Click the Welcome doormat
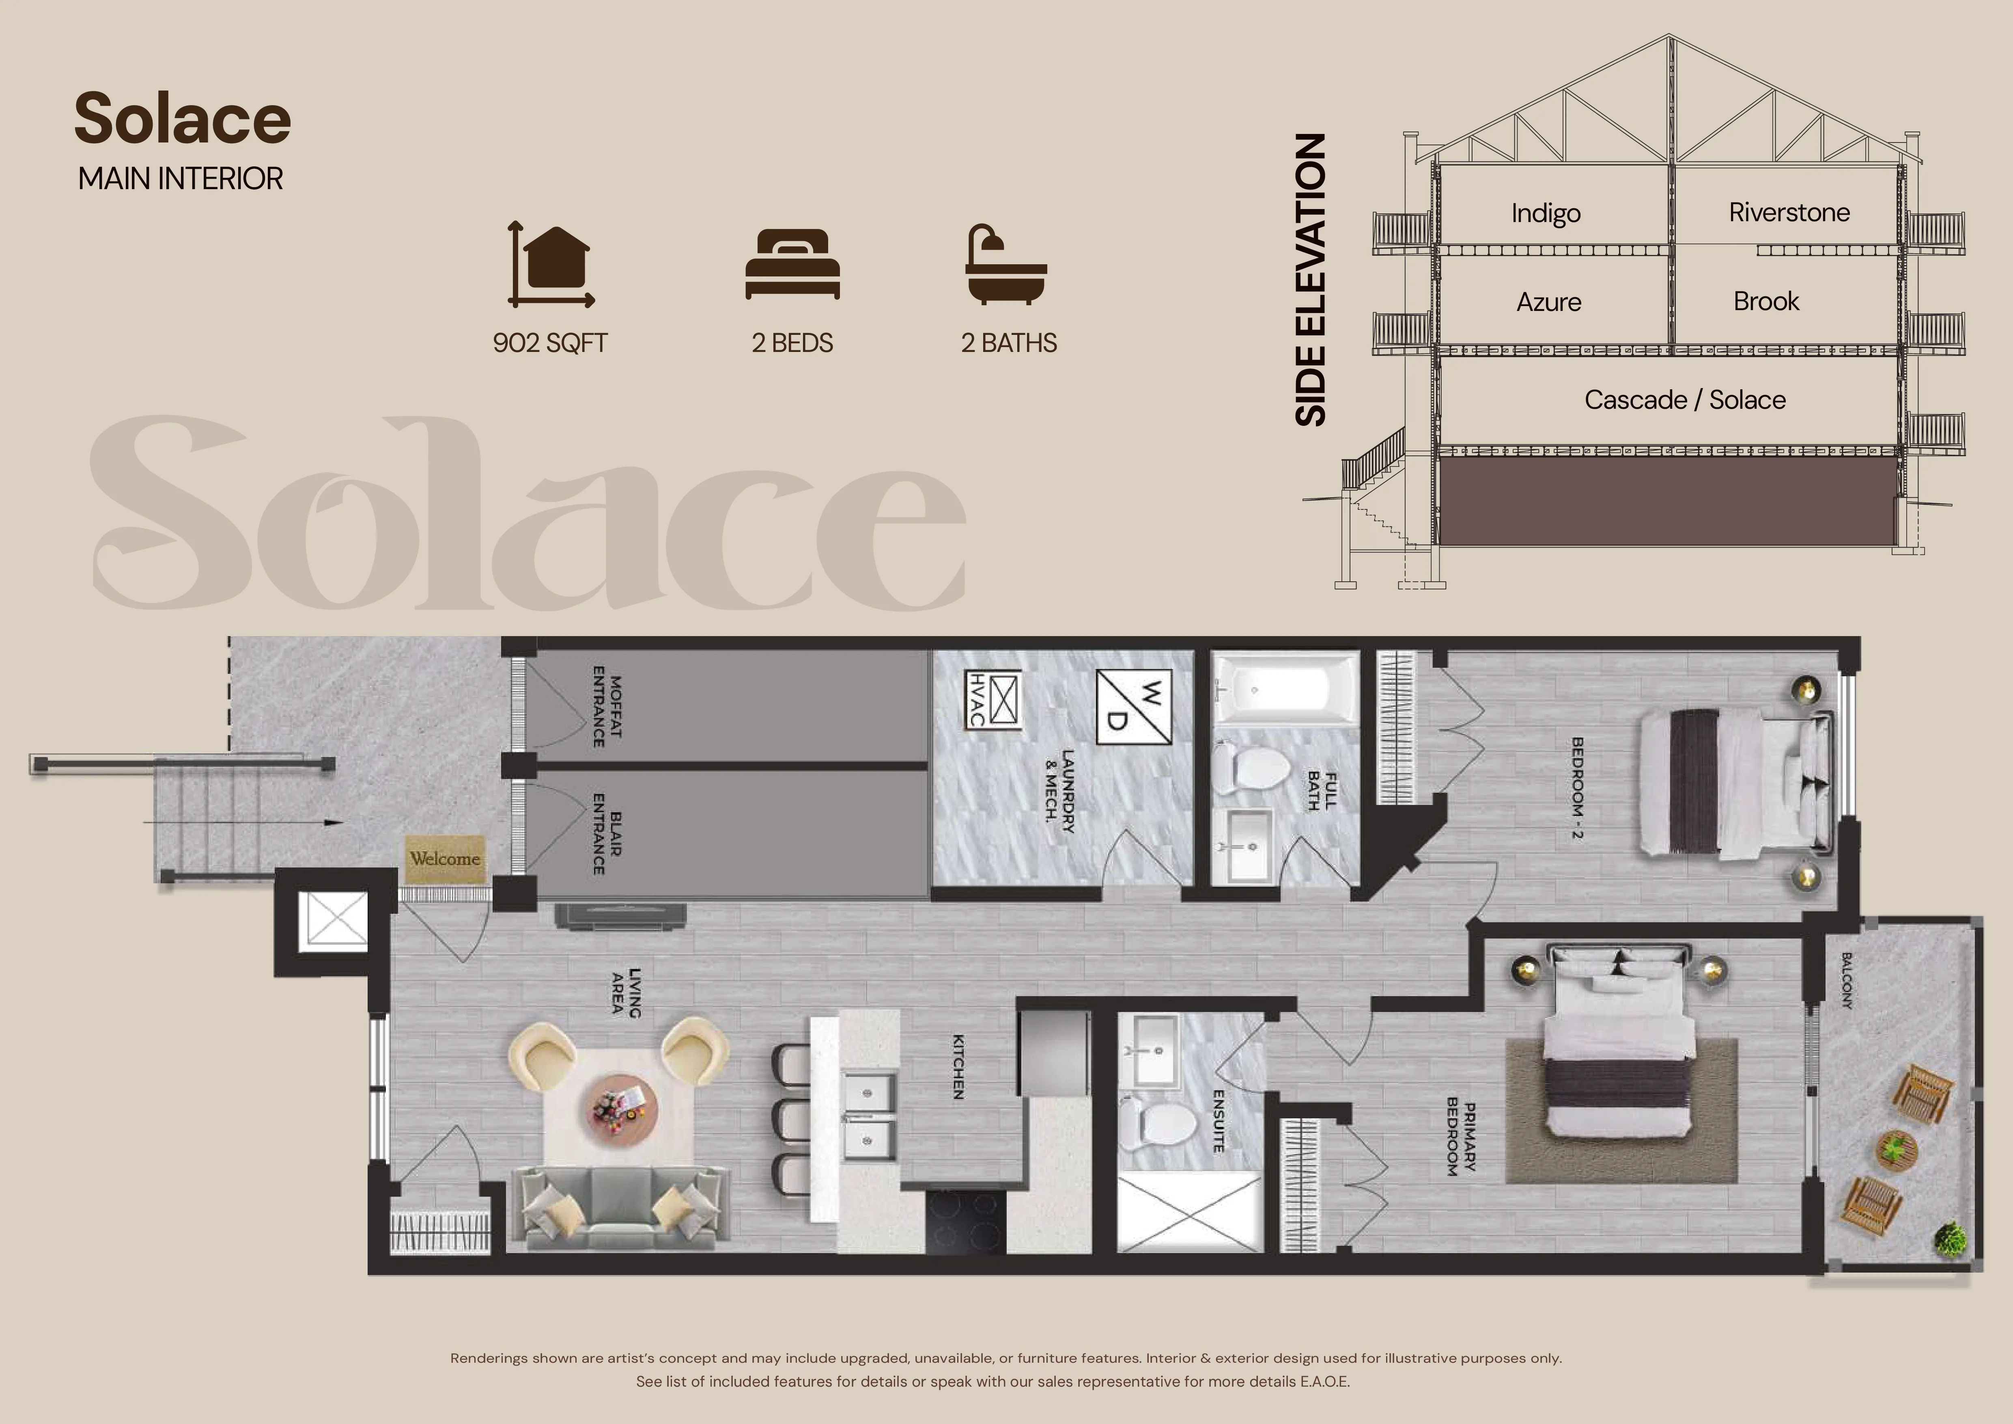[444, 859]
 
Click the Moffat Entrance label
[607, 707]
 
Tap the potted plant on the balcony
[1950, 1239]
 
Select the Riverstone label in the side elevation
[1789, 212]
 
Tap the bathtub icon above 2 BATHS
[1006, 264]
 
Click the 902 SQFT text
[550, 343]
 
